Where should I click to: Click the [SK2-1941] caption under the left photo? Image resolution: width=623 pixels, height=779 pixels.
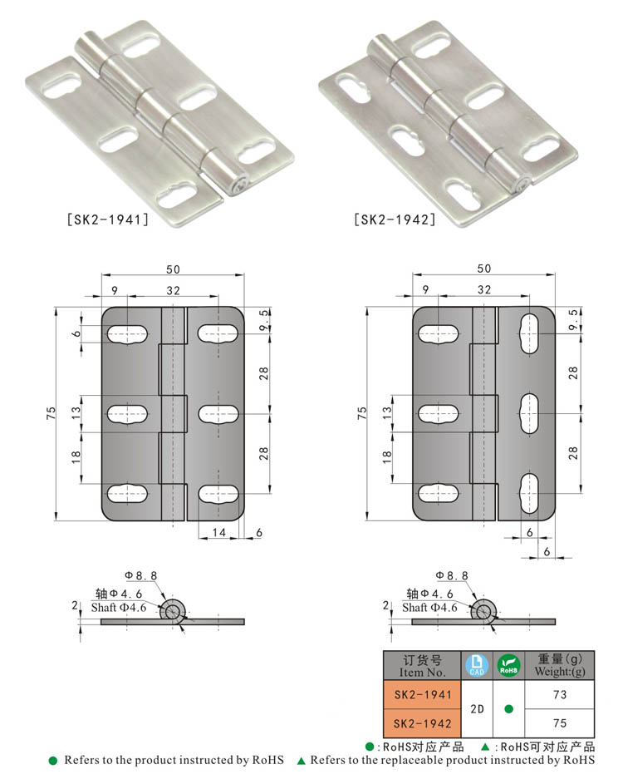(108, 219)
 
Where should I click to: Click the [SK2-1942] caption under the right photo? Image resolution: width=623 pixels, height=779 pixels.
(395, 219)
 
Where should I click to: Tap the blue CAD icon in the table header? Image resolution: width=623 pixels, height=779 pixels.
(477, 665)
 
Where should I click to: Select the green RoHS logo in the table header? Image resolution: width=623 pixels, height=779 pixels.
(509, 665)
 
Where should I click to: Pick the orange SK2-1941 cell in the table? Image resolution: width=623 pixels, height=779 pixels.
(423, 694)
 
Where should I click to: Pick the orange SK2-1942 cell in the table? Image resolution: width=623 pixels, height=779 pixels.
(423, 723)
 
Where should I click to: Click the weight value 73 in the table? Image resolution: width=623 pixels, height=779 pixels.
(560, 694)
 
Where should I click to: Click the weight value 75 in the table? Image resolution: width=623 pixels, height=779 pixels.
(560, 722)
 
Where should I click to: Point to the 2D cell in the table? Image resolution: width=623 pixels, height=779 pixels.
(477, 709)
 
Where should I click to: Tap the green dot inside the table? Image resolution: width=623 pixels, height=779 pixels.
(509, 709)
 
